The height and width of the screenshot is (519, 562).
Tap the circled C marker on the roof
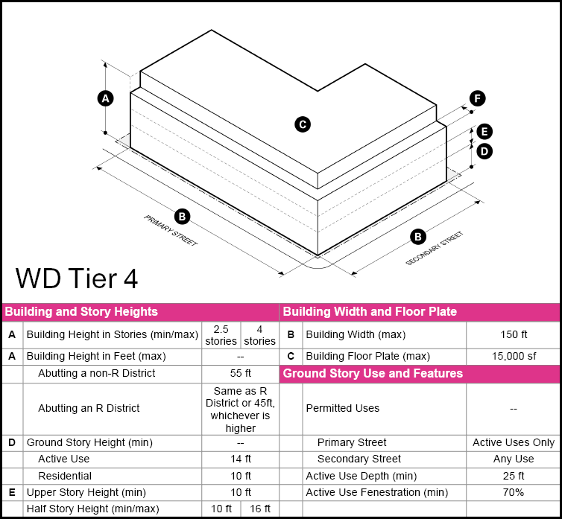tap(303, 124)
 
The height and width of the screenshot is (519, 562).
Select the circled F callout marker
tap(477, 98)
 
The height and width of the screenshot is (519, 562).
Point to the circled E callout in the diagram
tap(484, 132)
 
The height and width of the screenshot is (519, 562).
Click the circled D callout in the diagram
tap(484, 151)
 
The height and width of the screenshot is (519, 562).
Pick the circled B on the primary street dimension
tap(183, 217)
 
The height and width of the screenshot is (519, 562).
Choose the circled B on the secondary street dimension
tap(419, 237)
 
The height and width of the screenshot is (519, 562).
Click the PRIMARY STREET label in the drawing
tap(171, 231)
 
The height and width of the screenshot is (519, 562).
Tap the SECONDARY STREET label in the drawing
tap(434, 249)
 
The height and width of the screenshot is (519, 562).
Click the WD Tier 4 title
tap(76, 278)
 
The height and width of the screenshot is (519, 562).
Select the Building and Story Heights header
tap(81, 312)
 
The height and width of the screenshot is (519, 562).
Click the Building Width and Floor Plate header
tap(370, 312)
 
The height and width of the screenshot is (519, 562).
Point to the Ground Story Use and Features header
tap(373, 373)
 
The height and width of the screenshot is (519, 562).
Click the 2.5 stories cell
tap(221, 335)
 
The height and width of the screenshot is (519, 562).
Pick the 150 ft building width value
tap(514, 335)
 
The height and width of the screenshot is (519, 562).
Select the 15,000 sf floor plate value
tap(514, 356)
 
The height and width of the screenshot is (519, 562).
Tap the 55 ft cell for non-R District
tap(240, 373)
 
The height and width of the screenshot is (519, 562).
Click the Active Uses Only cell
tap(514, 442)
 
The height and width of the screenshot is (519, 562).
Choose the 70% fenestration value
tap(514, 492)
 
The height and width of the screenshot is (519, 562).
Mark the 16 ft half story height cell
tap(259, 509)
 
